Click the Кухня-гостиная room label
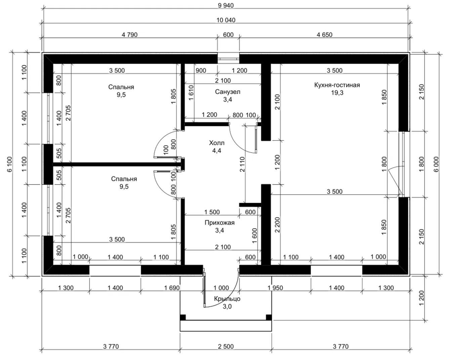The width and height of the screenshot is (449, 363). point(337,85)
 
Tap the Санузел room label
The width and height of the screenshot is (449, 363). point(228,92)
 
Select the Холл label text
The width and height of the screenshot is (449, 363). point(217,143)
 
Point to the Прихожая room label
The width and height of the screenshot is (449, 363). point(219,223)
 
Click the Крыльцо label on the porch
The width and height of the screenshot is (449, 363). point(227,299)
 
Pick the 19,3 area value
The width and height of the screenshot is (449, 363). point(337,92)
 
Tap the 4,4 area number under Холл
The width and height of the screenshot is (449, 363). point(217,151)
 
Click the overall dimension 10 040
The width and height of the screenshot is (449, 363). point(226,20)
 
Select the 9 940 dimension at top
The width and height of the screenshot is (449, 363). point(226,5)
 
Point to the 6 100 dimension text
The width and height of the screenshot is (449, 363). point(10,164)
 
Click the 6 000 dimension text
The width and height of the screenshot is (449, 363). point(436,164)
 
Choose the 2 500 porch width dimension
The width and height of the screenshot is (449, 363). point(226,346)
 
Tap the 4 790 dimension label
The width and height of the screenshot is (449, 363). point(129,35)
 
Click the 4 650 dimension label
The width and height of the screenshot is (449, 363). point(324,35)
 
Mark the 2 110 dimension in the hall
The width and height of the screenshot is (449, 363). point(242,164)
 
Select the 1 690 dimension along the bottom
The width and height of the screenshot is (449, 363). point(172,288)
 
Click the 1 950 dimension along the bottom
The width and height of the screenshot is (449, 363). point(275,288)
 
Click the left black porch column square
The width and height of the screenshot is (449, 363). point(183,318)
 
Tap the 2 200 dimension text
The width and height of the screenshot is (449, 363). point(277,225)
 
